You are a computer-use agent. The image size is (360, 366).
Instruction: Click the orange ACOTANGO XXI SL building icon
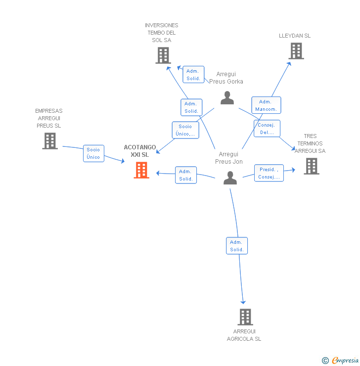pos(141,170)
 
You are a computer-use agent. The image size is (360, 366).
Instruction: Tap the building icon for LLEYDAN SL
pos(296,51)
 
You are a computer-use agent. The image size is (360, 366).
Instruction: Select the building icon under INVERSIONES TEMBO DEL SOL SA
pos(163,55)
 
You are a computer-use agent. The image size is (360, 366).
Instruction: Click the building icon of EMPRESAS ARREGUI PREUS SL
pos(49,141)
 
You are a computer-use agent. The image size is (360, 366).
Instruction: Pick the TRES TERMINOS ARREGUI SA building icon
pos(311,166)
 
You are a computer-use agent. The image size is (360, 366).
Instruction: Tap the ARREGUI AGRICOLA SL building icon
pos(245,317)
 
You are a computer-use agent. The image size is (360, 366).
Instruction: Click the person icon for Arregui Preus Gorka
pos(227,98)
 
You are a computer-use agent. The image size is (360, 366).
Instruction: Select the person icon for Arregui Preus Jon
pos(230,178)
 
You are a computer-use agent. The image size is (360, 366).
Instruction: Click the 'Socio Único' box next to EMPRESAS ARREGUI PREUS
pos(93,153)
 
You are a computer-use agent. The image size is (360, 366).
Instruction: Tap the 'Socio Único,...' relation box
pos(185,130)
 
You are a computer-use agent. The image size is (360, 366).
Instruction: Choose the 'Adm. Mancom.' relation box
pos(266,105)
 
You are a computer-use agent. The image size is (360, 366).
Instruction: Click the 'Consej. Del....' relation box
pos(267,129)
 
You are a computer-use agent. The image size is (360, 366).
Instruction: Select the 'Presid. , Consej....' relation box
pos(269,173)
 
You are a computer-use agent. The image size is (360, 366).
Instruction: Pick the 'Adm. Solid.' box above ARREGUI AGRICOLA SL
pos(237,246)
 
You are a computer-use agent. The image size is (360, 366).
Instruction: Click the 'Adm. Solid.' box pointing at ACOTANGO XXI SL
pos(186,175)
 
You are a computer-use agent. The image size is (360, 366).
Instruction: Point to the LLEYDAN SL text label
pos(295,36)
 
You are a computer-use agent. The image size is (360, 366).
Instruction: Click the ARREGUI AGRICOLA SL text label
pos(244,335)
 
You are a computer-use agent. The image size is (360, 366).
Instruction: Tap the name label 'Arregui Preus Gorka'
pos(226,78)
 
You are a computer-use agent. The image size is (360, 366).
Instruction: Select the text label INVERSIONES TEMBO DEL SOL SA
pos(162,33)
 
